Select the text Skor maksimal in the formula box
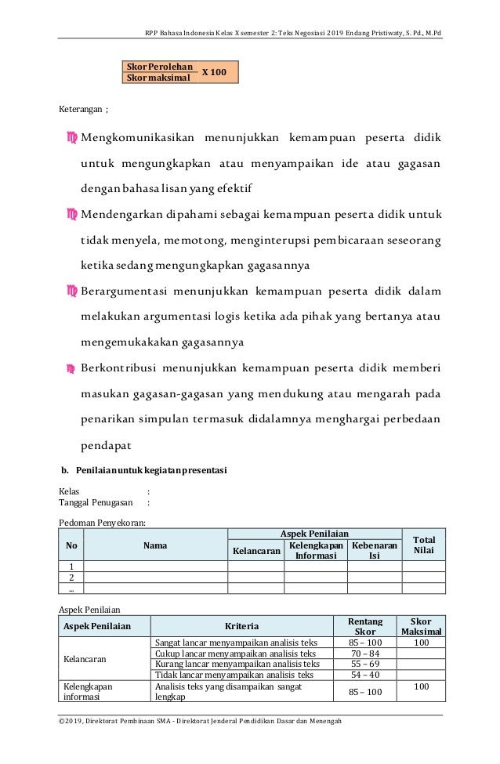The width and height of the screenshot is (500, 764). tap(157, 78)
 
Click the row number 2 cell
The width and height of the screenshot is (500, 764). tap(71, 577)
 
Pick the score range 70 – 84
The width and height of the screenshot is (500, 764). tap(365, 654)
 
